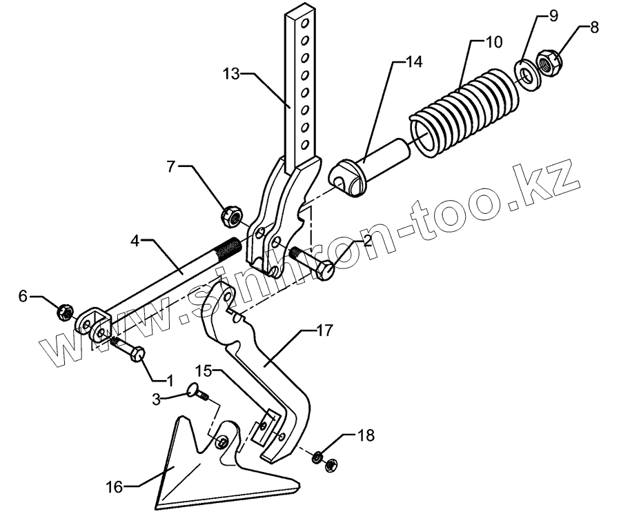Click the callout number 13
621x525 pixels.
[x=231, y=73]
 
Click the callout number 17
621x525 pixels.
[x=323, y=331]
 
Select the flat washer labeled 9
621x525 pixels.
[x=526, y=73]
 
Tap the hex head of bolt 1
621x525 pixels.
[x=137, y=353]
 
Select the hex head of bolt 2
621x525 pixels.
[x=324, y=271]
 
